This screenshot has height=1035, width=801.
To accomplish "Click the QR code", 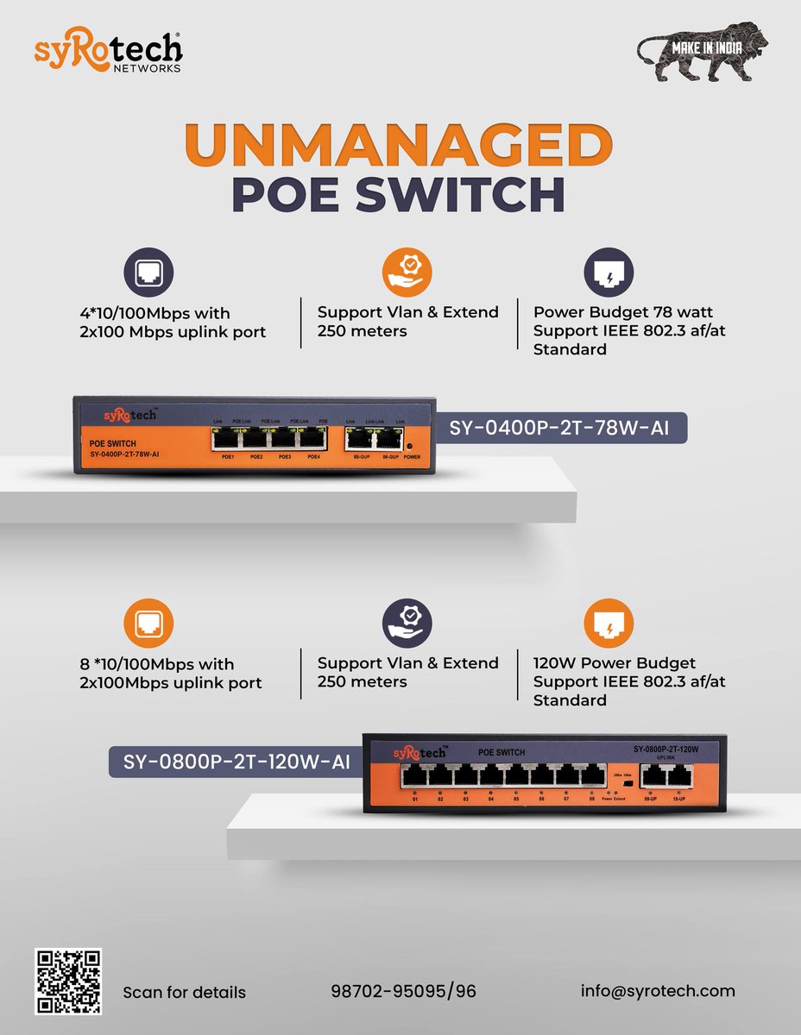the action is (x=68, y=982).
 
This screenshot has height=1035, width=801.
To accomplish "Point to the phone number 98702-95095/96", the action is (x=403, y=991).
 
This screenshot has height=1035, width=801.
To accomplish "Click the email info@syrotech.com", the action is (x=658, y=990).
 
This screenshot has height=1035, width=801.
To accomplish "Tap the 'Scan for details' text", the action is (x=184, y=992).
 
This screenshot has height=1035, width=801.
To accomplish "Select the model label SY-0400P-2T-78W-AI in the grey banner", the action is (x=567, y=427).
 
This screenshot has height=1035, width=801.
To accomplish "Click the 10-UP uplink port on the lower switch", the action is (x=680, y=775).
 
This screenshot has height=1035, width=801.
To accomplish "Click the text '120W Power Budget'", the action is (x=615, y=663).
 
